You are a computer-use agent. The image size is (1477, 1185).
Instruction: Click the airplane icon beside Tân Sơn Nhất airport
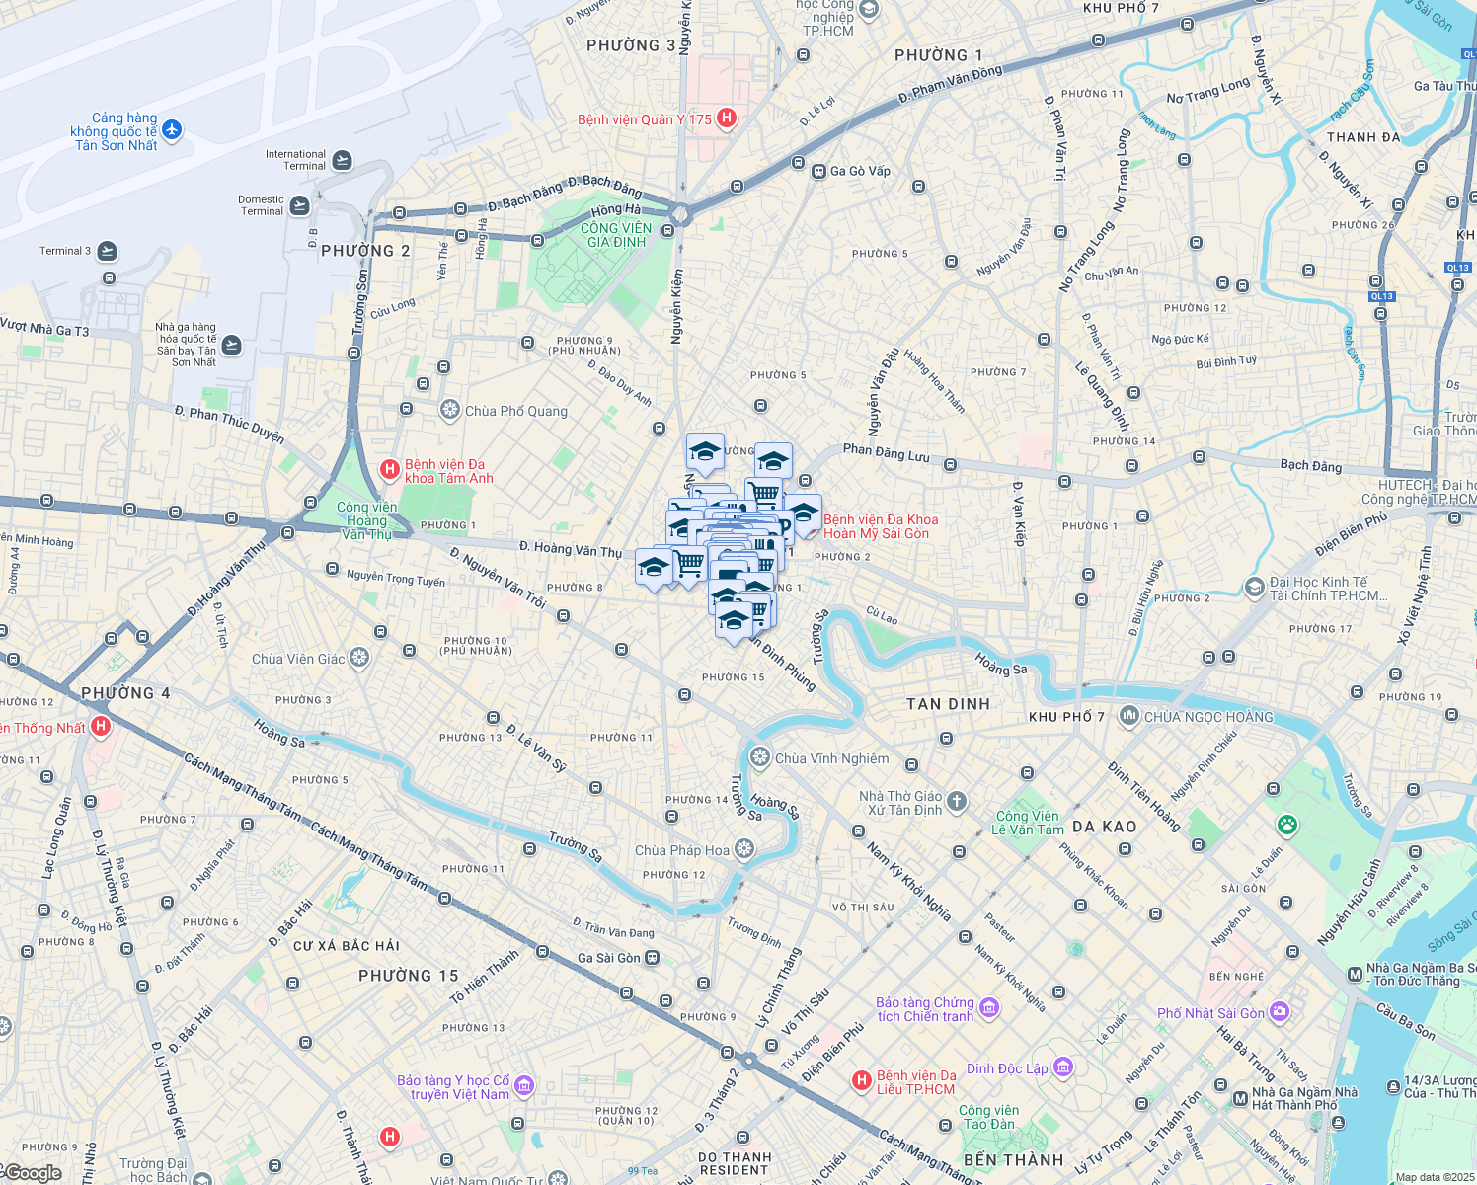tap(172, 129)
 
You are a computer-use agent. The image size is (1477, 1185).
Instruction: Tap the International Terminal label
tap(295, 160)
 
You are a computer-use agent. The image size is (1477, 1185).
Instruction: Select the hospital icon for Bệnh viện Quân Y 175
tap(727, 118)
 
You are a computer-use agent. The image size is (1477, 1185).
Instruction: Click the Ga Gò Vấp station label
tap(860, 171)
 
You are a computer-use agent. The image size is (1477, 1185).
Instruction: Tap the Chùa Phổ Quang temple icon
tap(450, 409)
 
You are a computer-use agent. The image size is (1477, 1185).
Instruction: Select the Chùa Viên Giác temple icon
tap(359, 658)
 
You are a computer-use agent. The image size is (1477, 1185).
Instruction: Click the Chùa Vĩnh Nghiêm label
tap(831, 758)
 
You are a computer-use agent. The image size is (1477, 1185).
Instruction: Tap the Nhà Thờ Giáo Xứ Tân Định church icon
tap(957, 801)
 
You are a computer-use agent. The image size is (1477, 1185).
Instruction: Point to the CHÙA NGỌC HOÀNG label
tap(1208, 717)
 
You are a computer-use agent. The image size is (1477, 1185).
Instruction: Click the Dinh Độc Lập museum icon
tap(1062, 1066)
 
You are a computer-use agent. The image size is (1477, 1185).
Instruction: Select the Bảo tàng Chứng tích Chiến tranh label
tap(925, 1009)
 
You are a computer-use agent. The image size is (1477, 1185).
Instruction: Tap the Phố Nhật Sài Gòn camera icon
tap(1280, 1011)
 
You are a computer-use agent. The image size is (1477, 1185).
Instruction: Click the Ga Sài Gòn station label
tap(609, 958)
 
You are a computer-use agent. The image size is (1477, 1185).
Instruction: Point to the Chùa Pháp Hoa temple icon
tap(744, 849)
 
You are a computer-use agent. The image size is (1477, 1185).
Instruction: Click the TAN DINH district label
tap(948, 704)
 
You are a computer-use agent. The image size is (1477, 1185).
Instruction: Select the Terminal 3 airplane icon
tap(108, 251)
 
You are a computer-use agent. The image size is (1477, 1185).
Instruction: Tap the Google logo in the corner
tap(32, 1173)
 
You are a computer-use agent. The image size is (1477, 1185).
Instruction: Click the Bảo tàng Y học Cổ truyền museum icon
tap(524, 1086)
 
